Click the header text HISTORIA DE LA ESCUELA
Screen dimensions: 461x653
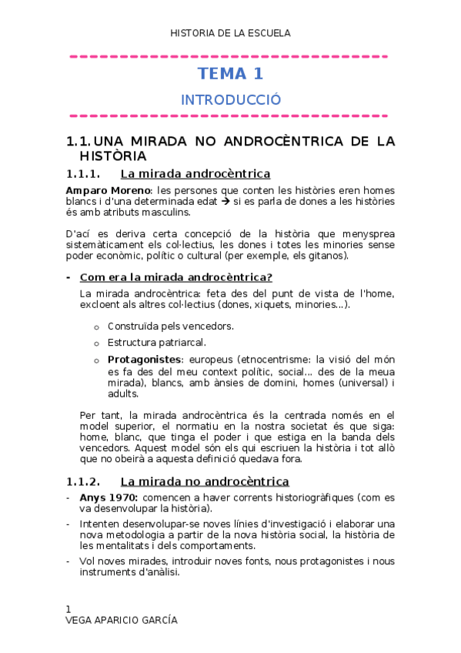pos(230,33)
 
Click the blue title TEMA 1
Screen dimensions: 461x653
pos(230,74)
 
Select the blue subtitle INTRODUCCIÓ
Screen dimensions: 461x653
pos(230,100)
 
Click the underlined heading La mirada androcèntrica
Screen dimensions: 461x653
pos(195,174)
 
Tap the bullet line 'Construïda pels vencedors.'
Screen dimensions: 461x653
pos(171,326)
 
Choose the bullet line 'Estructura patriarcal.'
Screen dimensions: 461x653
pos(156,343)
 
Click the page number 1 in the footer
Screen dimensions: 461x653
pos(68,608)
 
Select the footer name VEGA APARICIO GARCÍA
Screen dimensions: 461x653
pos(122,620)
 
